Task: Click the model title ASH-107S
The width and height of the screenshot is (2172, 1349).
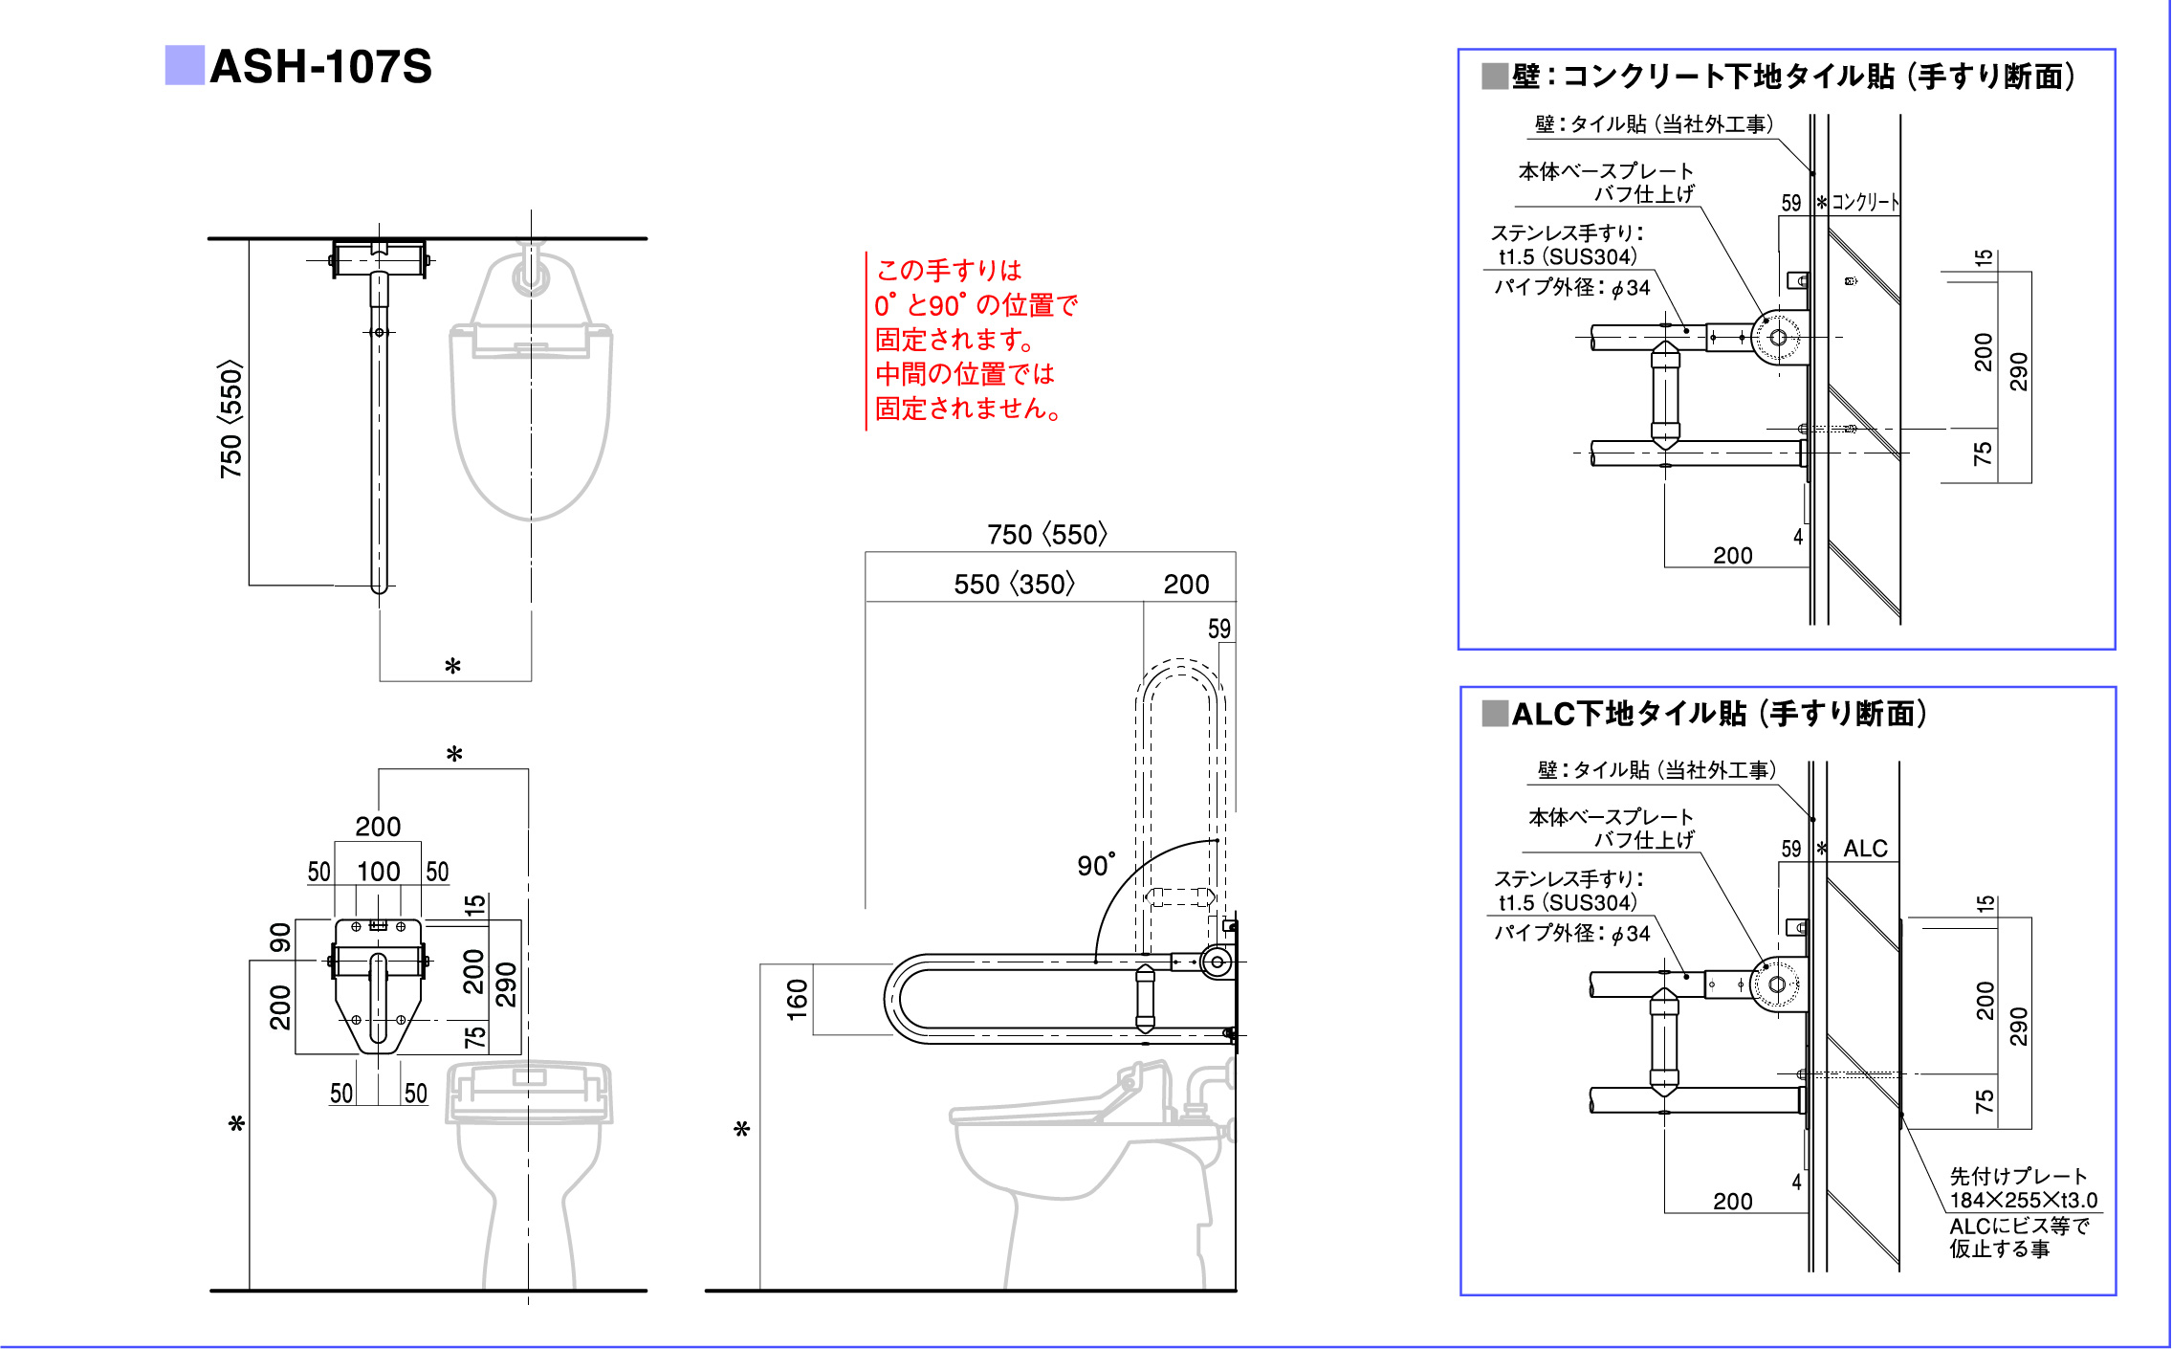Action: click(320, 67)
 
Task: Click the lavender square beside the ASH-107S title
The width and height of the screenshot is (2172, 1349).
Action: click(184, 65)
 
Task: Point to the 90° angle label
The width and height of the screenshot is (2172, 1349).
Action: click(1096, 865)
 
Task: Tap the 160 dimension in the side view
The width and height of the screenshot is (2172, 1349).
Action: click(797, 999)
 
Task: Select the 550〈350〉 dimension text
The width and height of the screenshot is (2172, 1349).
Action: click(1014, 584)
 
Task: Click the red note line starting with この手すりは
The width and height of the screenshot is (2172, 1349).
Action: click(949, 270)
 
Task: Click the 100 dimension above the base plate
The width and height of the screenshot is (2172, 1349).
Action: click(379, 872)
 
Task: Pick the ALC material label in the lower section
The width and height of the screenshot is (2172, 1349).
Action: click(1865, 849)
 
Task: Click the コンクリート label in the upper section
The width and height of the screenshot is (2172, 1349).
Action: click(1865, 203)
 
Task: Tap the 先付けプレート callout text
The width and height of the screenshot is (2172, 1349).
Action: click(2018, 1176)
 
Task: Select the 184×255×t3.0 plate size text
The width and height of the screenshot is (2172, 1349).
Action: click(2024, 1200)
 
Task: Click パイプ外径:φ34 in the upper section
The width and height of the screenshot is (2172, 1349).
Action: click(1572, 287)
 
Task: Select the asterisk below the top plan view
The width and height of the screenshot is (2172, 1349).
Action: click(453, 666)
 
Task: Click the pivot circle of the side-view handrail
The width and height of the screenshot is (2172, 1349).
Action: click(1217, 962)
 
